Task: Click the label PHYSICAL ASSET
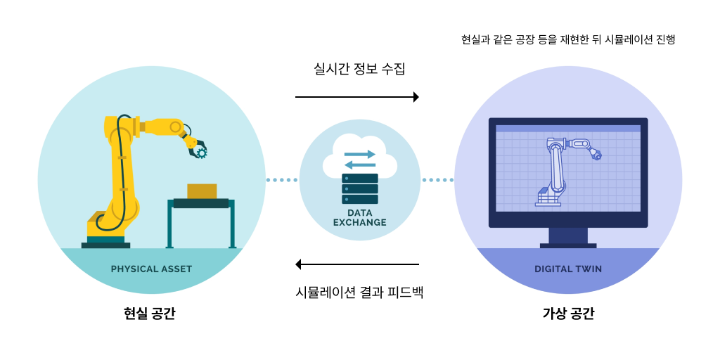click(x=151, y=269)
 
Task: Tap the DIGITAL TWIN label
click(x=568, y=269)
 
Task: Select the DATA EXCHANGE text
click(x=359, y=217)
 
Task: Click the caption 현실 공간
click(x=149, y=314)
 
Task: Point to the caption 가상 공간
click(x=568, y=314)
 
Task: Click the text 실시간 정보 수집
click(x=359, y=69)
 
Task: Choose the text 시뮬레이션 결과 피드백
click(x=359, y=291)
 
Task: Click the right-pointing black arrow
click(x=357, y=97)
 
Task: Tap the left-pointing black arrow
click(x=357, y=264)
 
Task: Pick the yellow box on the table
click(x=202, y=191)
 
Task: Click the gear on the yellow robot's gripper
click(x=202, y=152)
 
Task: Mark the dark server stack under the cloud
click(x=359, y=188)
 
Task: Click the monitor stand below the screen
click(x=568, y=237)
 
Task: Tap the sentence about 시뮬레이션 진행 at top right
click(x=568, y=39)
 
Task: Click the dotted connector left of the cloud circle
click(x=282, y=180)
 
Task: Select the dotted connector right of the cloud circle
click(x=437, y=180)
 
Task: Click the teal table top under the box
click(x=201, y=203)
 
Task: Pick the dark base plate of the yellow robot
click(x=105, y=245)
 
